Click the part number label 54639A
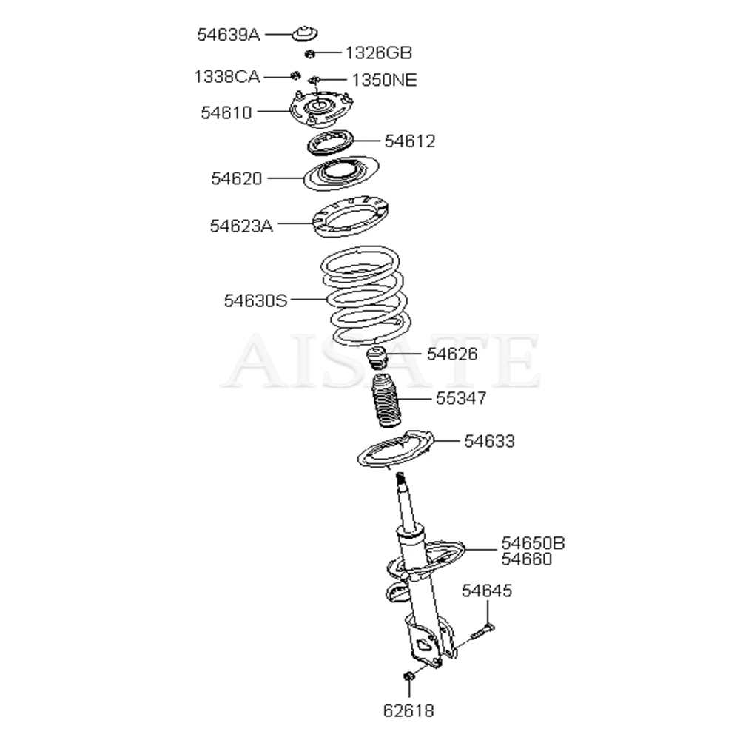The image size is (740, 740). coord(228,34)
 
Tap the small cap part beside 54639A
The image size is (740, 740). coord(303,34)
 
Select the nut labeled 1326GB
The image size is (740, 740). coord(311,53)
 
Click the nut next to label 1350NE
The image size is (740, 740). coord(314,80)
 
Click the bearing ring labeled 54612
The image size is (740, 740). coord(329,141)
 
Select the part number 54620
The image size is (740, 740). coord(236,178)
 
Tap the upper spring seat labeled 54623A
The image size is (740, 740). coord(351,219)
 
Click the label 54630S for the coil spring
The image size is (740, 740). coord(255,300)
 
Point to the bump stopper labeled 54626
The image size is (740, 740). coord(378,359)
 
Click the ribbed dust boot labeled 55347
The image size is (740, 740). coord(384,403)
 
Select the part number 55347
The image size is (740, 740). coord(461,399)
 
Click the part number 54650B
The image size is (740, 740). coord(533,544)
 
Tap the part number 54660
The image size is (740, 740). coord(526,559)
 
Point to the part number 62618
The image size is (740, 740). coord(408,711)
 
